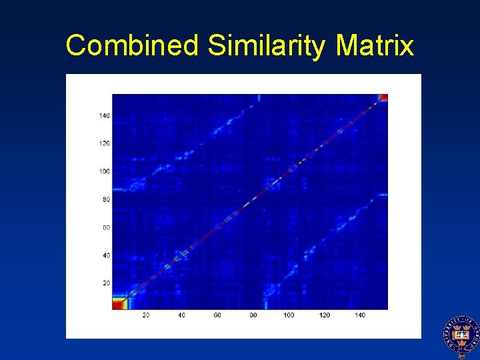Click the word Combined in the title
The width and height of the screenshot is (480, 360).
point(133,46)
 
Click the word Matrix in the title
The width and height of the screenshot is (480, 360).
point(375,46)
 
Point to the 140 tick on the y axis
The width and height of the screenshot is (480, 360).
point(105,116)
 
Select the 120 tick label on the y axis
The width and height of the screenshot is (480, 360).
point(105,143)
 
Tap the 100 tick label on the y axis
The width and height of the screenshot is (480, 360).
point(105,171)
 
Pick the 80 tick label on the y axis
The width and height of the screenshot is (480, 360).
point(106,199)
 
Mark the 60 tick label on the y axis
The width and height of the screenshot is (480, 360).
point(106,227)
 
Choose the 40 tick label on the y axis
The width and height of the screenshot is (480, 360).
point(106,255)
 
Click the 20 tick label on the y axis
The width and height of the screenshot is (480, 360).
point(106,283)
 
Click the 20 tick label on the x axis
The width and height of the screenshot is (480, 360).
point(145,315)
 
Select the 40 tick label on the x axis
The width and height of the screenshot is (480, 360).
point(181,315)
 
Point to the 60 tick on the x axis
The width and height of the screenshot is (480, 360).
point(217,315)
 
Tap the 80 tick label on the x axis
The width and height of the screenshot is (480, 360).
point(253,315)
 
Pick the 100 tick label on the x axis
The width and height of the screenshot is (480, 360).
point(289,315)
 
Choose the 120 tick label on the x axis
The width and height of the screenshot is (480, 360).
point(325,315)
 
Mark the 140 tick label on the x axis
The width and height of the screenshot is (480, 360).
point(361,315)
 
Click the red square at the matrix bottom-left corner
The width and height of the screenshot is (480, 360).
point(119,303)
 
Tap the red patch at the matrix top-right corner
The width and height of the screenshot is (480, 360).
point(383,98)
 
